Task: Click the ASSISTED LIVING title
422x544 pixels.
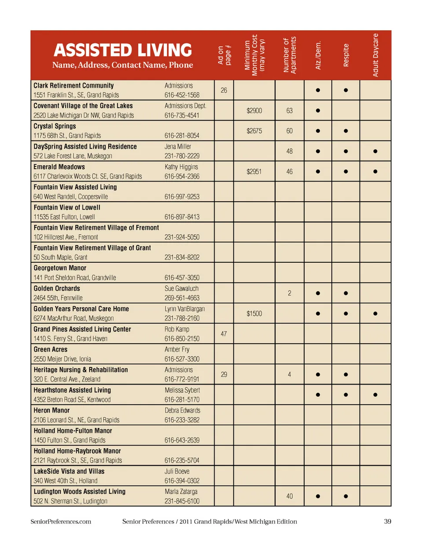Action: (x=123, y=50)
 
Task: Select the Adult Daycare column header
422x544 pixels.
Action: (x=375, y=55)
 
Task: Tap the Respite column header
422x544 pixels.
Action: (x=346, y=55)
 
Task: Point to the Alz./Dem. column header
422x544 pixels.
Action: (x=318, y=55)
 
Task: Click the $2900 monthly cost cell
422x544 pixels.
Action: (x=254, y=111)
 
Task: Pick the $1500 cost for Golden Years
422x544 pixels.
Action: (x=254, y=314)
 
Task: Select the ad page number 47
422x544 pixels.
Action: (x=224, y=334)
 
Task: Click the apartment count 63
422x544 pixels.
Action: (x=289, y=111)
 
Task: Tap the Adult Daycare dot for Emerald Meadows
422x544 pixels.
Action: (x=375, y=172)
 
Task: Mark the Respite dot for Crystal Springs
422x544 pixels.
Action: (x=346, y=131)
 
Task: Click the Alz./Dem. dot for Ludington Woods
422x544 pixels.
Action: (x=318, y=497)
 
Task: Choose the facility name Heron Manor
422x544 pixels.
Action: (x=51, y=410)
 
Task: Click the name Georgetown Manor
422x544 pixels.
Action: (x=60, y=268)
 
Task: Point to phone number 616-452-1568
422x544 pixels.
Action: (x=182, y=95)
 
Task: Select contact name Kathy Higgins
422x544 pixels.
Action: (x=181, y=167)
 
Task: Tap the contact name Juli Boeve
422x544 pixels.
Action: (x=177, y=471)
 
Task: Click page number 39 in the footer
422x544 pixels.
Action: (x=387, y=522)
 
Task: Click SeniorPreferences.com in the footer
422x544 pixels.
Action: (x=61, y=522)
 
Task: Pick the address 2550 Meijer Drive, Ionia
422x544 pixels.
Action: (x=62, y=359)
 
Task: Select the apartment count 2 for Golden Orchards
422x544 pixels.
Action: (x=289, y=293)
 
